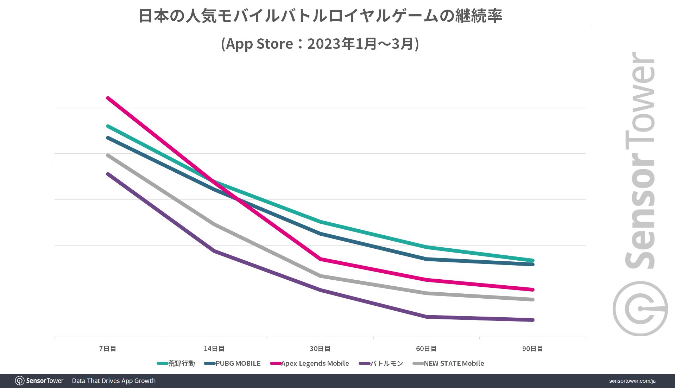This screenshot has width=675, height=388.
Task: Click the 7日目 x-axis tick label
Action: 107,349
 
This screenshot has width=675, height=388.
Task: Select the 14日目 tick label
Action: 214,349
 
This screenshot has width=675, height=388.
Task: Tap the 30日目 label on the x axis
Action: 320,349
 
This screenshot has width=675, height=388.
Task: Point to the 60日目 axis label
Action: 426,349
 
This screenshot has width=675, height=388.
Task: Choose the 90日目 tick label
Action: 532,349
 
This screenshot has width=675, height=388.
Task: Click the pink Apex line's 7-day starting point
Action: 108,98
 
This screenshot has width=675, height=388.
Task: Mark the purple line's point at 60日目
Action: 427,317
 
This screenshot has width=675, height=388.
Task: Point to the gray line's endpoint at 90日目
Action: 532,300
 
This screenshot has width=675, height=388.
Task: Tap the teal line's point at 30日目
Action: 320,222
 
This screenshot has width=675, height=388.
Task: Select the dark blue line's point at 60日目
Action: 427,259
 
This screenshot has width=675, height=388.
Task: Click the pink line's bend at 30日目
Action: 320,259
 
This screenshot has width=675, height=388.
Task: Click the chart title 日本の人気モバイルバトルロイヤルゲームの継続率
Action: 320,16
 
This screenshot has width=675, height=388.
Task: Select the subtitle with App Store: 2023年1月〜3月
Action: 320,44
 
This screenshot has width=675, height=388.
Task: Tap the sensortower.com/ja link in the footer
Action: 632,381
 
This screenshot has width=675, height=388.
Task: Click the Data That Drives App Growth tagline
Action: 114,381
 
